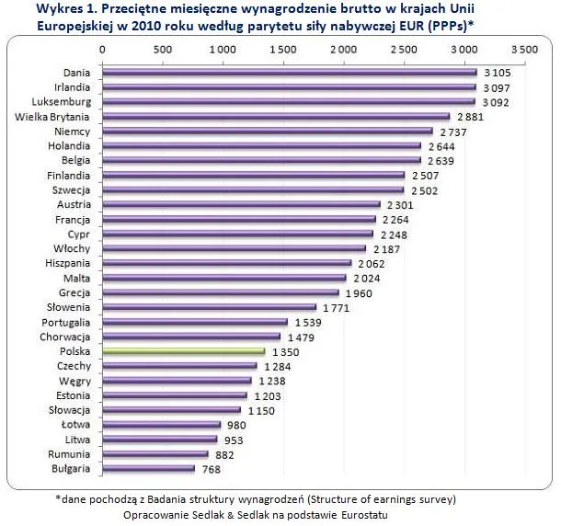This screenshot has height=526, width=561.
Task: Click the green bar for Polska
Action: (183, 351)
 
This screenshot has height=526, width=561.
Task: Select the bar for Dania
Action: (289, 72)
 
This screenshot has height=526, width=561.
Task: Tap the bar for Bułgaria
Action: (148, 469)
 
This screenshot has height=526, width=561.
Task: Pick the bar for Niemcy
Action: (267, 131)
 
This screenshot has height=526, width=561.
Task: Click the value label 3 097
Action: (497, 86)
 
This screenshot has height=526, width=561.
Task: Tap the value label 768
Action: (212, 469)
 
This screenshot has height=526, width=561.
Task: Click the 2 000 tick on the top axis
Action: (343, 47)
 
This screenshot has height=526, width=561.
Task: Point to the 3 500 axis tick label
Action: (523, 47)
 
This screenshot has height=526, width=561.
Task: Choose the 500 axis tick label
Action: (162, 47)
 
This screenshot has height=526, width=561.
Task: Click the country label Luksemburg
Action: (62, 101)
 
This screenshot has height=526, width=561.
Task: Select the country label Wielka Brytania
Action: (52, 116)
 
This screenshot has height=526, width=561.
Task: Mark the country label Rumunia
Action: (69, 454)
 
